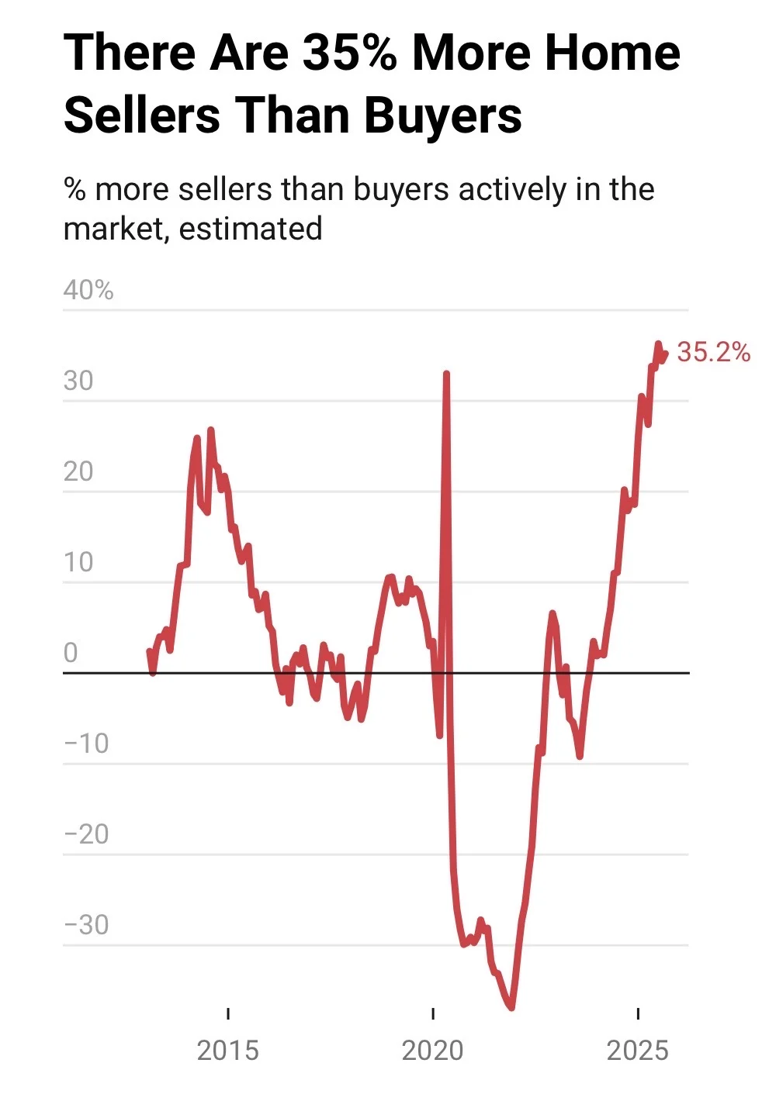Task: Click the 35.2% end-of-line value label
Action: click(x=713, y=352)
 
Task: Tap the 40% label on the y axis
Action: click(x=88, y=290)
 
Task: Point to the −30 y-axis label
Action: click(x=86, y=925)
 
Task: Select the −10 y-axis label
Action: click(x=86, y=744)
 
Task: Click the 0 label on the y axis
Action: click(x=71, y=653)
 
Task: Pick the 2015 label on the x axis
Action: click(x=227, y=1051)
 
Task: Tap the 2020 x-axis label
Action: click(x=432, y=1051)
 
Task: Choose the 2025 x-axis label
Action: click(x=637, y=1051)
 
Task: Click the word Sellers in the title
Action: click(x=142, y=116)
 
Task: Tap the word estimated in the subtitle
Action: click(x=251, y=229)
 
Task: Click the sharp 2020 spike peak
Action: click(x=446, y=374)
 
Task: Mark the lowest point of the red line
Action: click(x=511, y=1007)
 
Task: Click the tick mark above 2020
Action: click(x=432, y=1013)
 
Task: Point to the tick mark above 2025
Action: click(x=637, y=1013)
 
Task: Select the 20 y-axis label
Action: click(x=78, y=471)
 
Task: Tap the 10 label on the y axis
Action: click(x=78, y=562)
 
